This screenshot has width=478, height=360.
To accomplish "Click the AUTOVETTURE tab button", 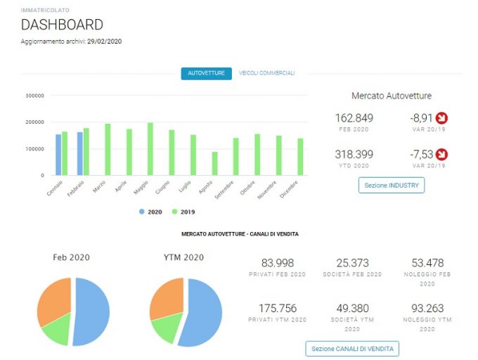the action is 206,73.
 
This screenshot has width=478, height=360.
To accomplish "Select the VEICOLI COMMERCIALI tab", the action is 266,73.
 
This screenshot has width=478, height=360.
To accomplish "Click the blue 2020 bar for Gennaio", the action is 58,155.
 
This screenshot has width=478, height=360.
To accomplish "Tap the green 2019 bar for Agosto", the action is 215,163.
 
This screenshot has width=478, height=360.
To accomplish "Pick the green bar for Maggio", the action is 150,149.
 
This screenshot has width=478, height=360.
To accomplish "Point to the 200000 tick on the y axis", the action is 34,122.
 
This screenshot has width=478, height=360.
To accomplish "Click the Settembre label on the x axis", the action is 224,190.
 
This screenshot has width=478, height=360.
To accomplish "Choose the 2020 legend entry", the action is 150,212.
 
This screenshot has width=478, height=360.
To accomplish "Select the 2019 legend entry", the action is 183,212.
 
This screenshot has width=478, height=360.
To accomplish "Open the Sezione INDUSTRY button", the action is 392,185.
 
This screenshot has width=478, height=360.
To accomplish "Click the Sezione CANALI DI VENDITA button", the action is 352,349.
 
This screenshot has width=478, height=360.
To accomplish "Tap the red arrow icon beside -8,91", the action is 441,118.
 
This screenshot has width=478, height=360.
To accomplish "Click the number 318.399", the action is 354,154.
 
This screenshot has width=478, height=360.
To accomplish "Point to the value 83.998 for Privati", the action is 278,263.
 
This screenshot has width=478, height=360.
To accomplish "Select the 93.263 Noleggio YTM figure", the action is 427,308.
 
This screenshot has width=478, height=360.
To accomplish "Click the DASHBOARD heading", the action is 62,25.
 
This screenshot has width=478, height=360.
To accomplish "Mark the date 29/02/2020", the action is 105,41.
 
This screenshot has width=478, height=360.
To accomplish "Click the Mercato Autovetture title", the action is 392,96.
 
